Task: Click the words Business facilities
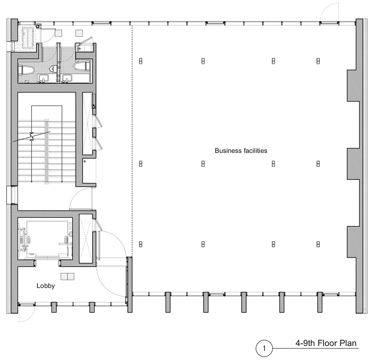click(241, 151)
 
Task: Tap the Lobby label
click(46, 286)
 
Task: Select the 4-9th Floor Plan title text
click(326, 343)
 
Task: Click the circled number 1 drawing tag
click(264, 348)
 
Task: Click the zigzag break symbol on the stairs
click(32, 137)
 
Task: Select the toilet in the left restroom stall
click(26, 70)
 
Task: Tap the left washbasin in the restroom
click(43, 78)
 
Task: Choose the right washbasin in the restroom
click(67, 78)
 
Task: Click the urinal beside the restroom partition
click(52, 69)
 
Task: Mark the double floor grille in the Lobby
click(68, 276)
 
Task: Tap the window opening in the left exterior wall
click(12, 195)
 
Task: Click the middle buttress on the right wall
click(353, 164)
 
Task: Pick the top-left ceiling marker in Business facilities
click(141, 61)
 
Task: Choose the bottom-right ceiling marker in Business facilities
click(318, 244)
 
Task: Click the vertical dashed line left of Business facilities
click(132, 141)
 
